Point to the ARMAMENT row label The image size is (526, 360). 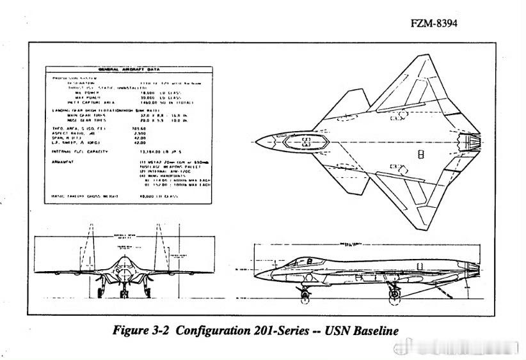coord(63,162)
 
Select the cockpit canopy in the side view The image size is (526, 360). coord(306,260)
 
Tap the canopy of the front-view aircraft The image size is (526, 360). coord(123,262)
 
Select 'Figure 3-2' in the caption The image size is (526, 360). coord(141,331)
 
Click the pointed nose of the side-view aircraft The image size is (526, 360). coord(256,277)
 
